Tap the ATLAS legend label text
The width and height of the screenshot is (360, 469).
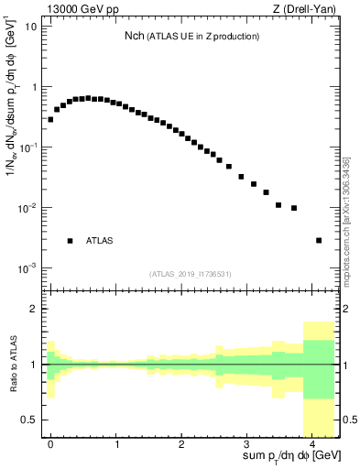coord(100,241)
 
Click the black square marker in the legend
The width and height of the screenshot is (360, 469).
coord(70,241)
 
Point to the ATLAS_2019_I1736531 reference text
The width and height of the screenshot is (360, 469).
coord(191,274)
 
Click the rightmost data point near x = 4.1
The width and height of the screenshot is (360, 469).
coord(319,240)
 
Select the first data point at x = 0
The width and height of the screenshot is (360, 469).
coord(51,119)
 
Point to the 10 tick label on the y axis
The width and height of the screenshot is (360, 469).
coord(29,27)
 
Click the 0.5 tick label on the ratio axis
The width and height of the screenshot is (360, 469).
coord(29,419)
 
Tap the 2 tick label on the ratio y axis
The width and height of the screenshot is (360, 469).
coord(34,310)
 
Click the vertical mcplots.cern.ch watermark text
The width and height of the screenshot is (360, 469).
coord(347,220)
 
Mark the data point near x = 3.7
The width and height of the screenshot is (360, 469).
coord(294,208)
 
